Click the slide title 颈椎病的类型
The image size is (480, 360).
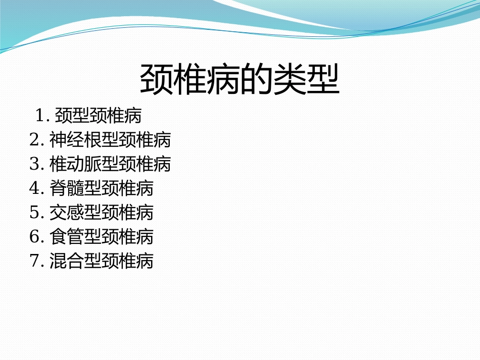click(239, 80)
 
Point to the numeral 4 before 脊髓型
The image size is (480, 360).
click(34, 188)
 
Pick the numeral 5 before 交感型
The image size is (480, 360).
click(34, 213)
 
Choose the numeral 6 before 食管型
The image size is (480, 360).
click(34, 237)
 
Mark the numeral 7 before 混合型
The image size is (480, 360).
click(34, 261)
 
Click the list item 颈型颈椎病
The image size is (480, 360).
click(98, 116)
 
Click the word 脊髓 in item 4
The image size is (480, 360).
click(67, 188)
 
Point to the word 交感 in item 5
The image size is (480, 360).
click(67, 213)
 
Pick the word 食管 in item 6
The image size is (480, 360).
click(67, 237)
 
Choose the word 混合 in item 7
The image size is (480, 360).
click(67, 261)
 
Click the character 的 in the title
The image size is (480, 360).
click(255, 80)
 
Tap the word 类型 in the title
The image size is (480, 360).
click(305, 80)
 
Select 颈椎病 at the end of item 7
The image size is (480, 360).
click(127, 261)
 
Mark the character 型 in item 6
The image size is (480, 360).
click(92, 237)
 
